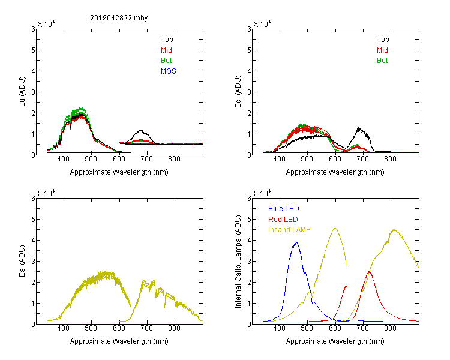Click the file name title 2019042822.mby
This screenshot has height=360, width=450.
pyautogui.click(x=119, y=18)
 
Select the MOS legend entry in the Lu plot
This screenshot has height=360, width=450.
pyautogui.click(x=169, y=71)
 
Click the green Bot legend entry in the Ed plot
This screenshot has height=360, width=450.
pyautogui.click(x=382, y=61)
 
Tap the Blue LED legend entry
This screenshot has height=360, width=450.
pyautogui.click(x=284, y=209)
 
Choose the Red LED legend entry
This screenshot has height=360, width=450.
pyautogui.click(x=283, y=220)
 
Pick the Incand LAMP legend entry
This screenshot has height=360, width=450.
pyautogui.click(x=289, y=230)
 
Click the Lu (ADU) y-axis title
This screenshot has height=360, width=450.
pyautogui.click(x=22, y=92)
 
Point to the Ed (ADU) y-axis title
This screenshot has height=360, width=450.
pyautogui.click(x=238, y=92)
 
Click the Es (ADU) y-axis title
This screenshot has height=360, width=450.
pyautogui.click(x=22, y=261)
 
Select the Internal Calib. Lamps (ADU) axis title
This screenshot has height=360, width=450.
pyautogui.click(x=238, y=262)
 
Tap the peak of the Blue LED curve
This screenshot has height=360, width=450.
pyautogui.click(x=296, y=242)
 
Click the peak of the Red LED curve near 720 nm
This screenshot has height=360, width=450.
pyautogui.click(x=369, y=272)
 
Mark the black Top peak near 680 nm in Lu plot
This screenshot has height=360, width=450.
pyautogui.click(x=141, y=130)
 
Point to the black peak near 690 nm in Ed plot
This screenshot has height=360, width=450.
pyautogui.click(x=358, y=127)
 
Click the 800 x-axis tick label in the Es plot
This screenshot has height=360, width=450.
pyautogui.click(x=174, y=328)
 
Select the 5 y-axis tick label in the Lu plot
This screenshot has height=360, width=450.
pyautogui.click(x=33, y=50)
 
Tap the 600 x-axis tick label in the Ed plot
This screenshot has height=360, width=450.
pyautogui.click(x=335, y=159)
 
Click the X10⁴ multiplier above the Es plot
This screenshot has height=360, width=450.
pyautogui.click(x=46, y=193)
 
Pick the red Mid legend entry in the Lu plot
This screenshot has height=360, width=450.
pyautogui.click(x=166, y=50)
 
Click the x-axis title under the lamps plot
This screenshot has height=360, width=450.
pyautogui.click(x=335, y=341)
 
